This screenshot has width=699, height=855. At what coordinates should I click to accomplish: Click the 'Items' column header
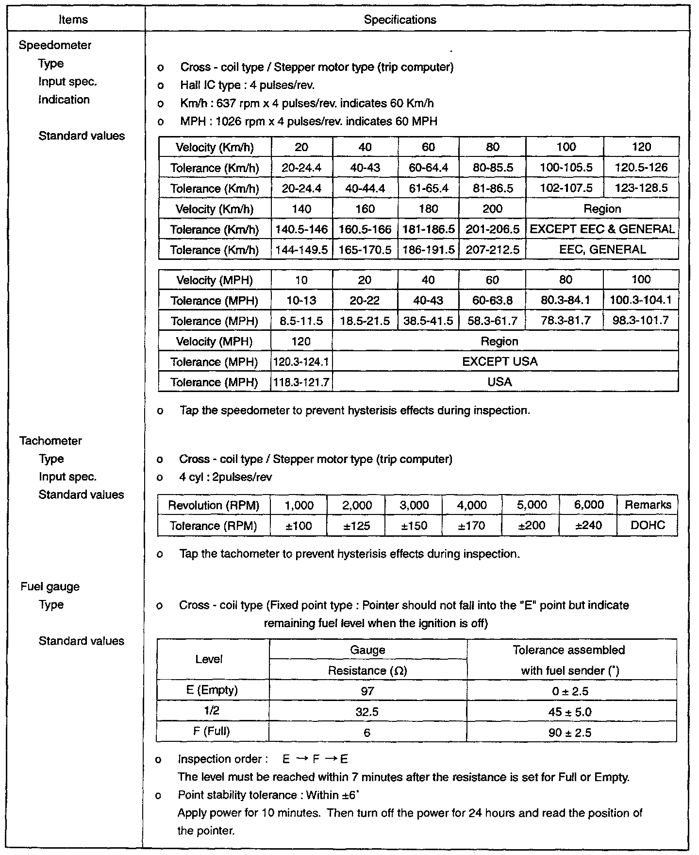(x=73, y=20)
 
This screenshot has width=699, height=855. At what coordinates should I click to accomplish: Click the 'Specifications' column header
(x=400, y=20)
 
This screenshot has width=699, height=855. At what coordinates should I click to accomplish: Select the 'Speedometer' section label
(x=55, y=45)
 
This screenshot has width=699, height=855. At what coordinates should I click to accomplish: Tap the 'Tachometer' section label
(x=50, y=441)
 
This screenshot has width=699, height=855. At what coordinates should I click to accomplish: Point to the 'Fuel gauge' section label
(x=50, y=586)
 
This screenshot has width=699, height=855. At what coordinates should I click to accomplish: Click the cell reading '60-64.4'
(x=428, y=168)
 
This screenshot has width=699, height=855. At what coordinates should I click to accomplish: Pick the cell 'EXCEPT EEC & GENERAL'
(x=602, y=229)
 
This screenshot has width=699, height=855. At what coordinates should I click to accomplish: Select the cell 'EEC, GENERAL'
(x=602, y=250)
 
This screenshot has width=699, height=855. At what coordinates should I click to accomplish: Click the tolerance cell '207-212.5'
(x=492, y=250)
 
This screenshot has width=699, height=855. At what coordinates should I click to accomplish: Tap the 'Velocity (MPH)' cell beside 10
(x=214, y=280)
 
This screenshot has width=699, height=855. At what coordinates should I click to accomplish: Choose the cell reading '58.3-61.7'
(x=492, y=321)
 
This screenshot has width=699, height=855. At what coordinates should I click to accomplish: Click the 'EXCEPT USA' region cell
(x=499, y=362)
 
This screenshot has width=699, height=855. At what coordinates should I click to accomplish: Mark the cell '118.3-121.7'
(x=301, y=382)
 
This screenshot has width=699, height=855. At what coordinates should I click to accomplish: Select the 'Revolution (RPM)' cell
(x=214, y=505)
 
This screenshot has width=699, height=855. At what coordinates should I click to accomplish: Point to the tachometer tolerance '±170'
(x=472, y=526)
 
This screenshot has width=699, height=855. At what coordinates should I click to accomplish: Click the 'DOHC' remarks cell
(x=648, y=526)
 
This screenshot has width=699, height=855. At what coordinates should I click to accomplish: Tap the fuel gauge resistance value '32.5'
(x=367, y=712)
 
